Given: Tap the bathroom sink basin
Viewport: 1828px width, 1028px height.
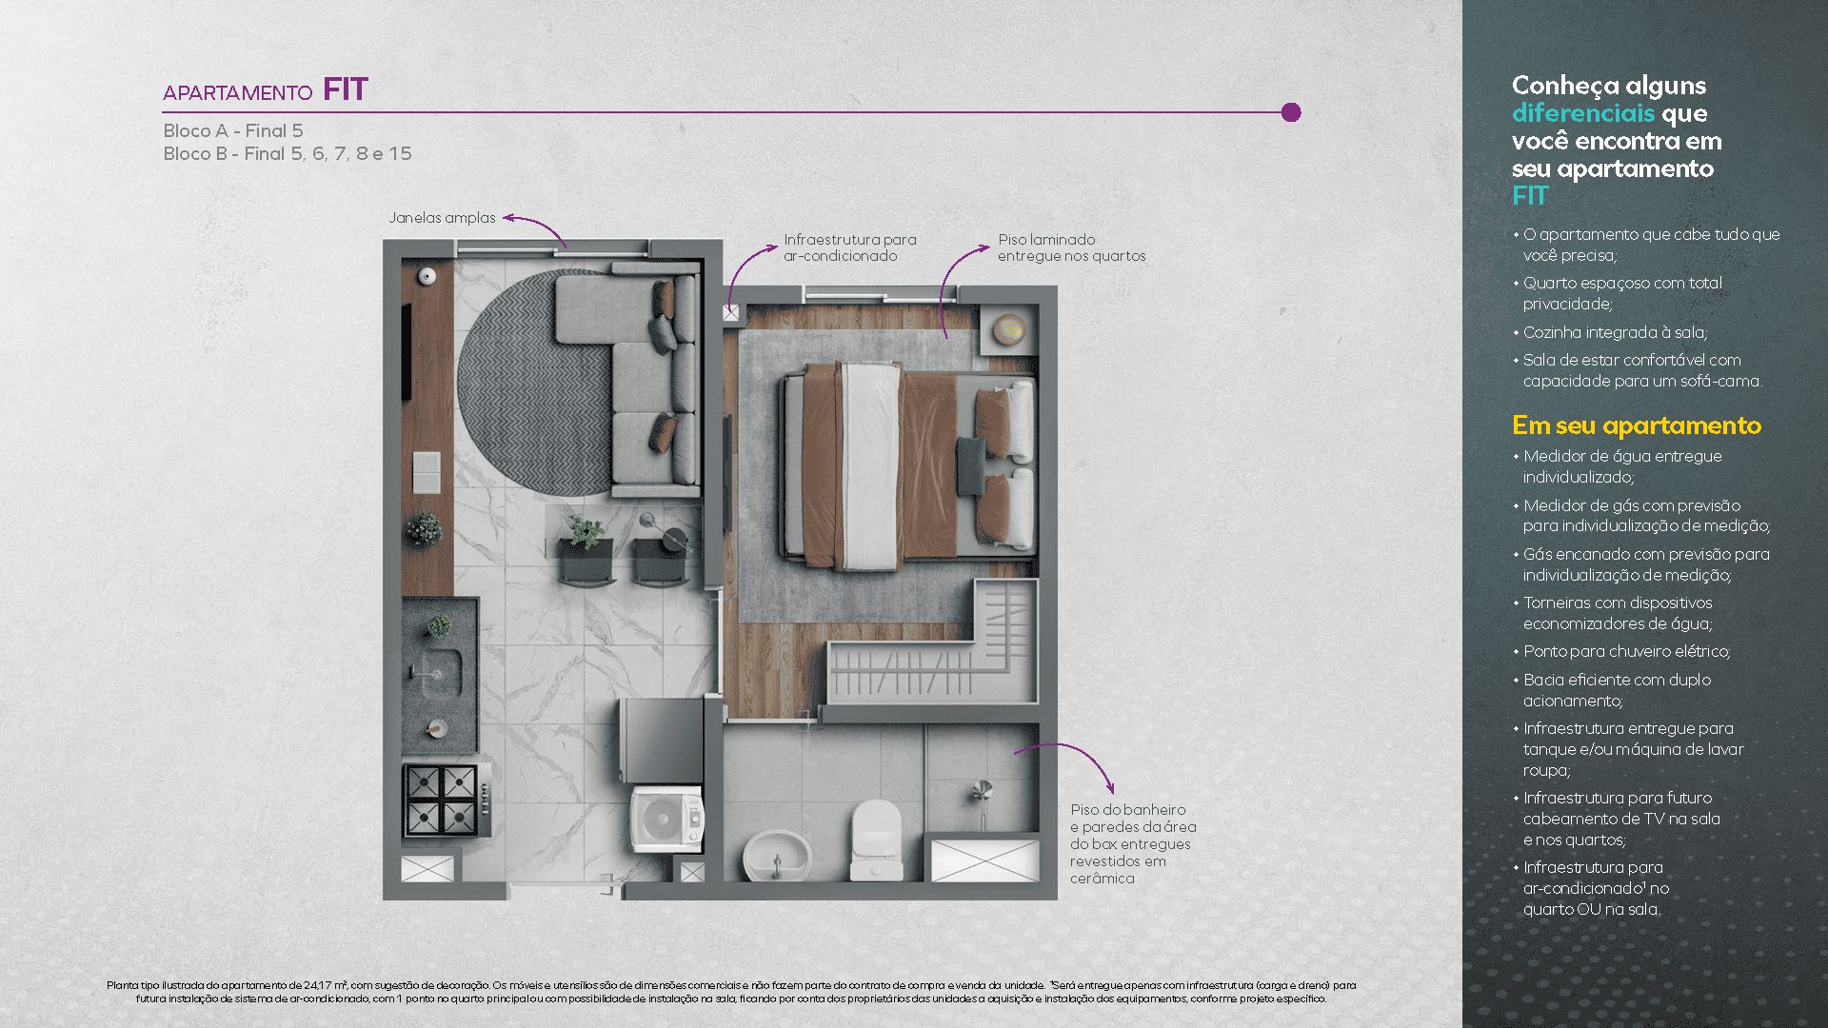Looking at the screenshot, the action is [x=776, y=855].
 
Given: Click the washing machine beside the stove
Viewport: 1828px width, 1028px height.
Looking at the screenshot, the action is [x=666, y=818].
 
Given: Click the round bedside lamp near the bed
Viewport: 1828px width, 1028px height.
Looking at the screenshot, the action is [x=1008, y=330].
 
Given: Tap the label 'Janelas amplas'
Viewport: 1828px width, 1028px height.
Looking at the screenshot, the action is [x=442, y=218].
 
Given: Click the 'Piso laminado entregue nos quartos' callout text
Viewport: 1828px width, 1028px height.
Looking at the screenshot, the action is [x=1071, y=247].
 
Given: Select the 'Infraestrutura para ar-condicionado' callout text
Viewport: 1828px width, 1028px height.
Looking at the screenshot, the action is [x=849, y=247].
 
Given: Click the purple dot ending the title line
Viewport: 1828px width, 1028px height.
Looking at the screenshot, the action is [x=1291, y=112].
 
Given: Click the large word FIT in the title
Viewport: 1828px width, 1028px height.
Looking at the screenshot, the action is [x=345, y=89].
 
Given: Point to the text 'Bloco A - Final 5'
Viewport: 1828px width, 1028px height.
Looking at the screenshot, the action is [x=233, y=130].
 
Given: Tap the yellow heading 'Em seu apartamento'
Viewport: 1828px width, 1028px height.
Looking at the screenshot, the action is [x=1636, y=425].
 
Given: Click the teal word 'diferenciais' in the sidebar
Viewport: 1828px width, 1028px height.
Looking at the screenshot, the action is [x=1582, y=113].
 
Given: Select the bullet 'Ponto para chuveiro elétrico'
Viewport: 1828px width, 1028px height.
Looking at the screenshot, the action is [x=1626, y=651].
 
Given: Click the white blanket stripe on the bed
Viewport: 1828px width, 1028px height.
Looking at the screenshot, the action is [x=870, y=466].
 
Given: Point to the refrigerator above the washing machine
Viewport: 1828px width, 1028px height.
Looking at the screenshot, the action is [x=663, y=741].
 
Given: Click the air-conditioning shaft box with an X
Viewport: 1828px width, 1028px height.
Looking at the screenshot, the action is [x=730, y=312].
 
